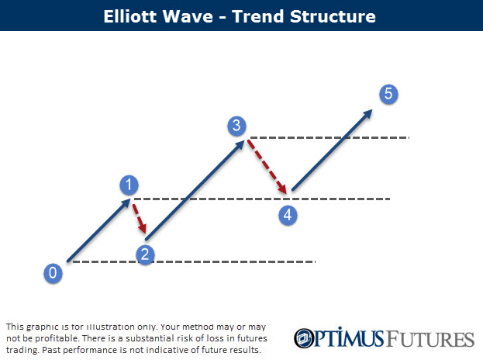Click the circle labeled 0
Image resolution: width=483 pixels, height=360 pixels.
53,272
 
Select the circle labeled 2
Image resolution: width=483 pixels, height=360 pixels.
145,253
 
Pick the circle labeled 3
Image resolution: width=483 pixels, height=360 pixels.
238,125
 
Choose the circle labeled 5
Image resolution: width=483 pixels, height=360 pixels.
389,95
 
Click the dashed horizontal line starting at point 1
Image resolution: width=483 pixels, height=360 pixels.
264,199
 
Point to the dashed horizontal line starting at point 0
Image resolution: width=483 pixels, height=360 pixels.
194,261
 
